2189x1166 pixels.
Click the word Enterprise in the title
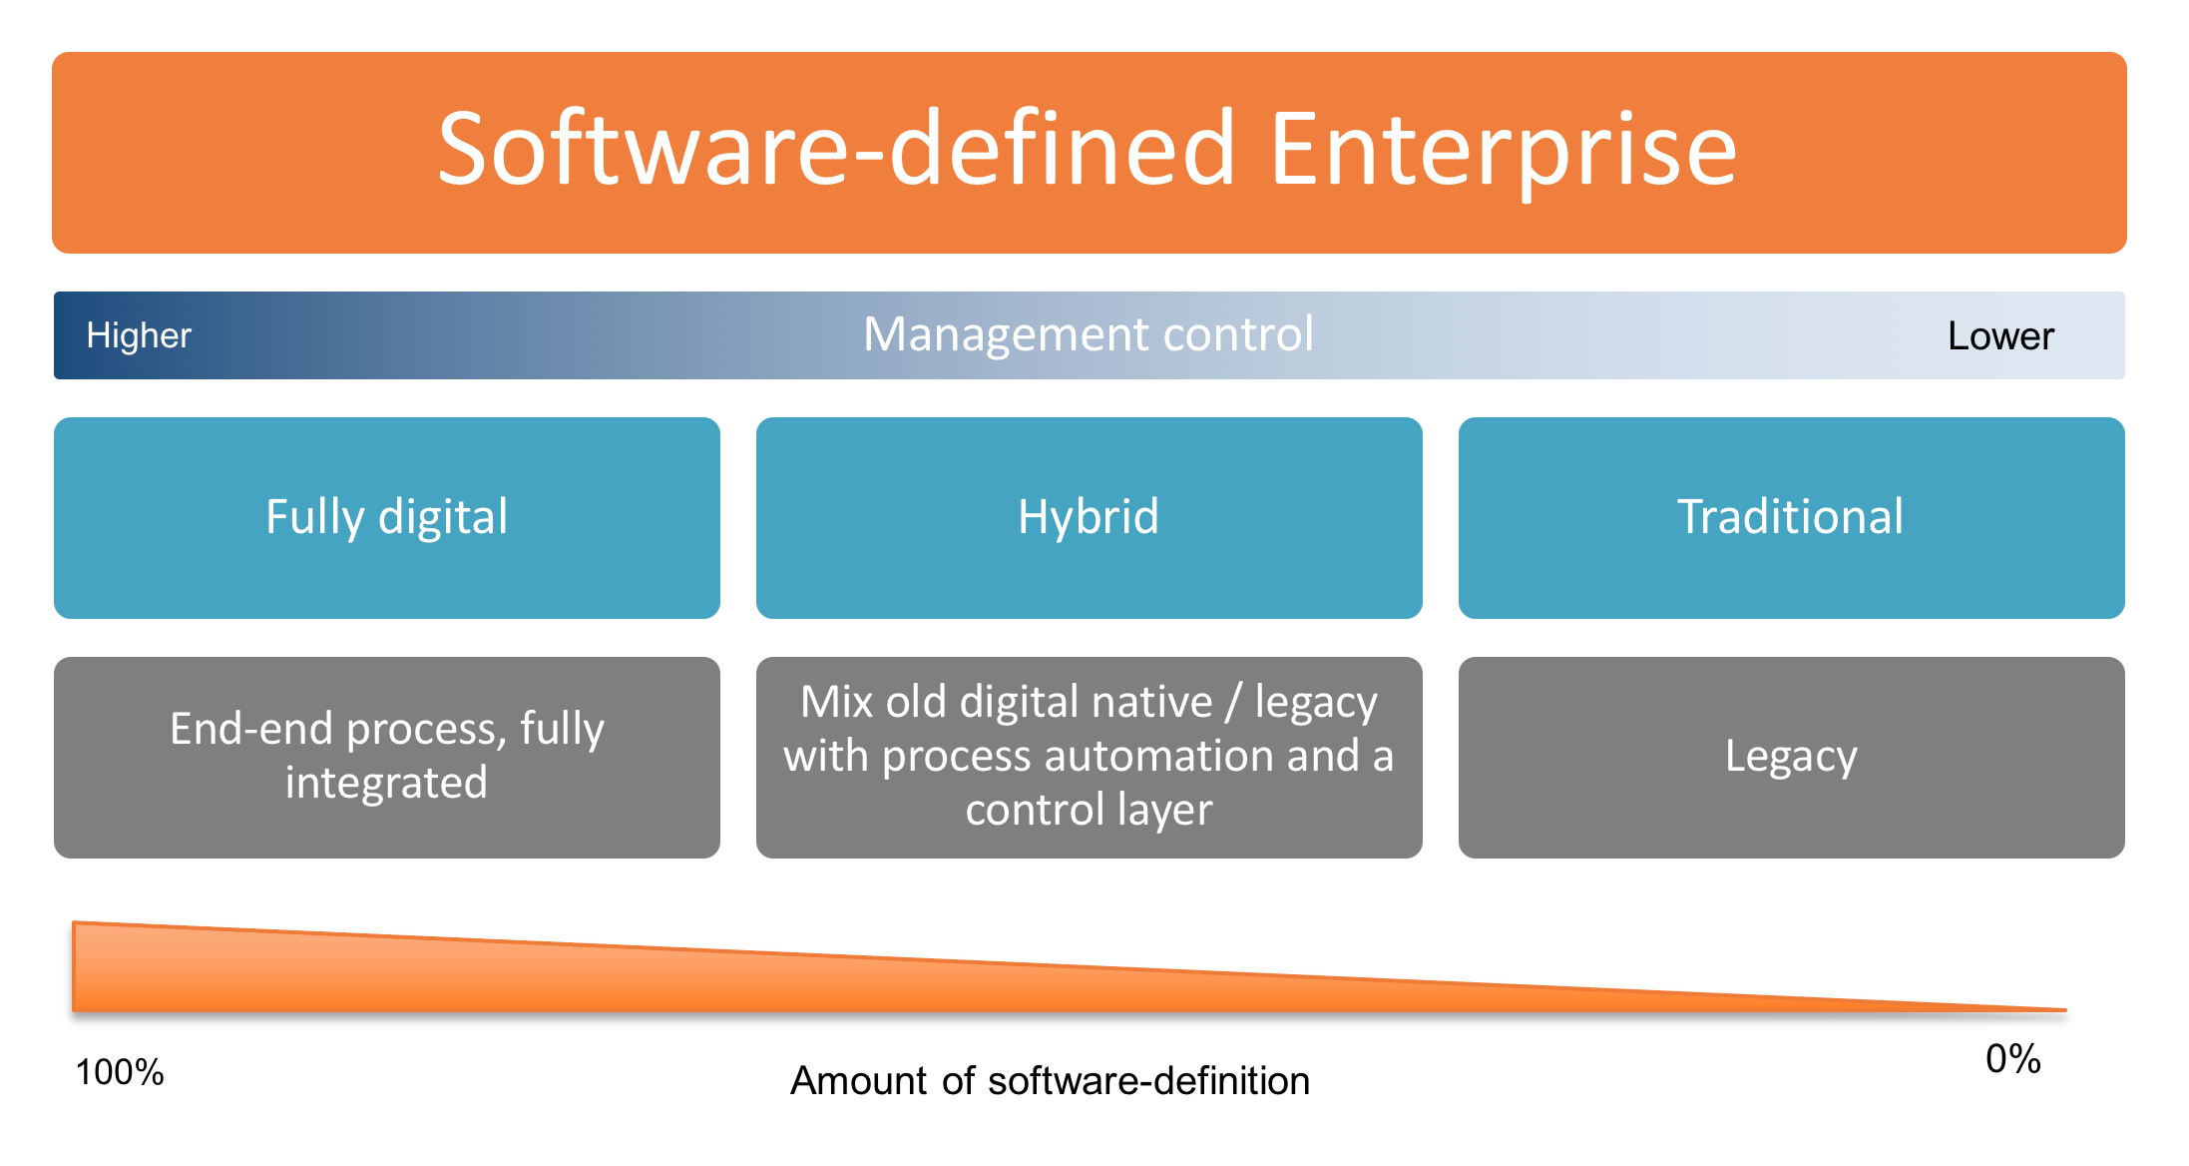[x=1504, y=150]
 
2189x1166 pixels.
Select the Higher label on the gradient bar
[x=139, y=335]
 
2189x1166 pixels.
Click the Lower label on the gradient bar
[x=2000, y=336]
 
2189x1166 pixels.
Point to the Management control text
[x=1089, y=334]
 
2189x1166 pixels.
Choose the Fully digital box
[x=387, y=518]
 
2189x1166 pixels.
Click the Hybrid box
[x=1090, y=518]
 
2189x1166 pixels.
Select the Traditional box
[x=1792, y=518]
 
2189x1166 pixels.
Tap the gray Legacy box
[x=1792, y=758]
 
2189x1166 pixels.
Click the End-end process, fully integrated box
[x=387, y=758]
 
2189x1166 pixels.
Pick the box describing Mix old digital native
[x=1090, y=758]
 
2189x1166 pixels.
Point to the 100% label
[x=120, y=1072]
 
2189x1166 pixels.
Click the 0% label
[x=2013, y=1059]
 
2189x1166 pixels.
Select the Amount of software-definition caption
[x=1050, y=1081]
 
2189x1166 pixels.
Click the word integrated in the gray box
[x=386, y=783]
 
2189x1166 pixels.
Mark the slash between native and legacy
[x=1233, y=702]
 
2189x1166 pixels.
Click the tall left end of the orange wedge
[x=75, y=966]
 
